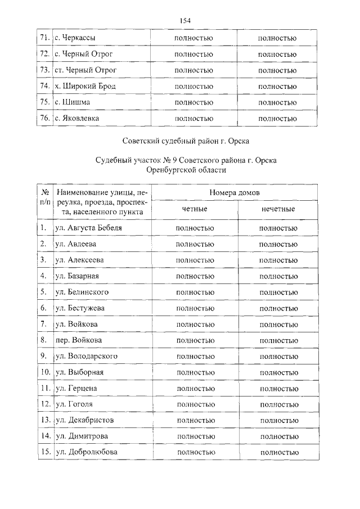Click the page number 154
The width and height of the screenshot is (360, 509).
click(x=185, y=21)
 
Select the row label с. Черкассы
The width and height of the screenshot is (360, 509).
click(x=75, y=38)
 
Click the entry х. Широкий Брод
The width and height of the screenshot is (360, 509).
click(x=85, y=86)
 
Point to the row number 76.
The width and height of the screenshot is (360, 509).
click(x=45, y=118)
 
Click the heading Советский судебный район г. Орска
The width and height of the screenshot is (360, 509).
click(x=186, y=140)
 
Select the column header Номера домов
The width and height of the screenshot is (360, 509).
click(x=235, y=192)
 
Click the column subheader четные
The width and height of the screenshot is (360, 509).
click(x=194, y=209)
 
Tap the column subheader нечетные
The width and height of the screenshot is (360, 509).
click(x=278, y=209)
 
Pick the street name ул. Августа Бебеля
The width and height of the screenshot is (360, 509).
click(x=88, y=228)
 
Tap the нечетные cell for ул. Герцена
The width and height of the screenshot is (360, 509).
click(x=278, y=389)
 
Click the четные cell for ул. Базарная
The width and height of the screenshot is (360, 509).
click(x=194, y=276)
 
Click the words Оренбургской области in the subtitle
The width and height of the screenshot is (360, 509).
click(x=186, y=169)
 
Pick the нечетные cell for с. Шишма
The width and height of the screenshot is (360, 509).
click(x=277, y=102)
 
